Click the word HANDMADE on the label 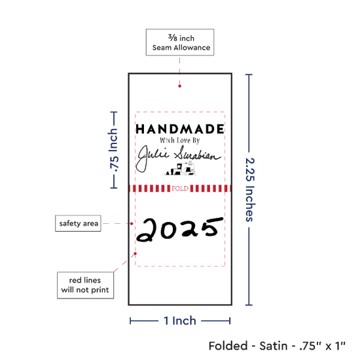point(180,129)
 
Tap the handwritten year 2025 point(180,229)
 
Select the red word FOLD point(180,189)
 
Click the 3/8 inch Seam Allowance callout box point(180,43)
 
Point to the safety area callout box point(78,223)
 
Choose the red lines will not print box point(85,285)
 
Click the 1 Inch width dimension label point(180,321)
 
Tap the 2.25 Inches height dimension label point(250,190)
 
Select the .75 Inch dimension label point(113,150)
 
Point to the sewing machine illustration point(181,168)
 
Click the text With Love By point(180,140)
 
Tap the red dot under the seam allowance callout point(179,86)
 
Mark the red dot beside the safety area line point(132,223)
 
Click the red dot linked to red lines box point(135,253)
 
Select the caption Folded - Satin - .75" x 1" point(277,346)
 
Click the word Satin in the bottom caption point(273,346)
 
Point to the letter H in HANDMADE point(140,129)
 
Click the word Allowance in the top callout point(192,48)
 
